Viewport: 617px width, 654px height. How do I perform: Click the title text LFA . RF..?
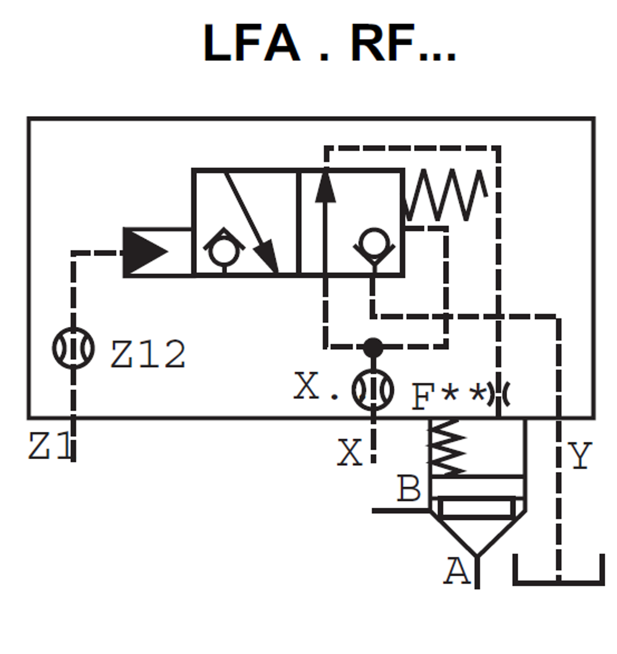tap(329, 44)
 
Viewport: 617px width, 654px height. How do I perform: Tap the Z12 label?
tap(148, 355)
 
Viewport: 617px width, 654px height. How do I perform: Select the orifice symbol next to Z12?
tap(73, 348)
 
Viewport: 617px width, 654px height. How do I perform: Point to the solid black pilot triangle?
tap(146, 252)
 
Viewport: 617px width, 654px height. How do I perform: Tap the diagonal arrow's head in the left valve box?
tap(268, 259)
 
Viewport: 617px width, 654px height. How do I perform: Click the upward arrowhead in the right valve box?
tap(325, 188)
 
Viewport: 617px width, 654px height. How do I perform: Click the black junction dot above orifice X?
tap(373, 347)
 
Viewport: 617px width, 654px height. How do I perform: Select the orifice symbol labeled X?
tap(373, 389)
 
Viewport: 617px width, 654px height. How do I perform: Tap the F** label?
tap(448, 396)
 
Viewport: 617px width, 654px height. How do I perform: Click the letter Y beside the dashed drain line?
tap(580, 457)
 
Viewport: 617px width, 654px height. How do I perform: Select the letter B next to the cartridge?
tap(408, 489)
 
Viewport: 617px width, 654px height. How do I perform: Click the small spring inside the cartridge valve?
tap(448, 447)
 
